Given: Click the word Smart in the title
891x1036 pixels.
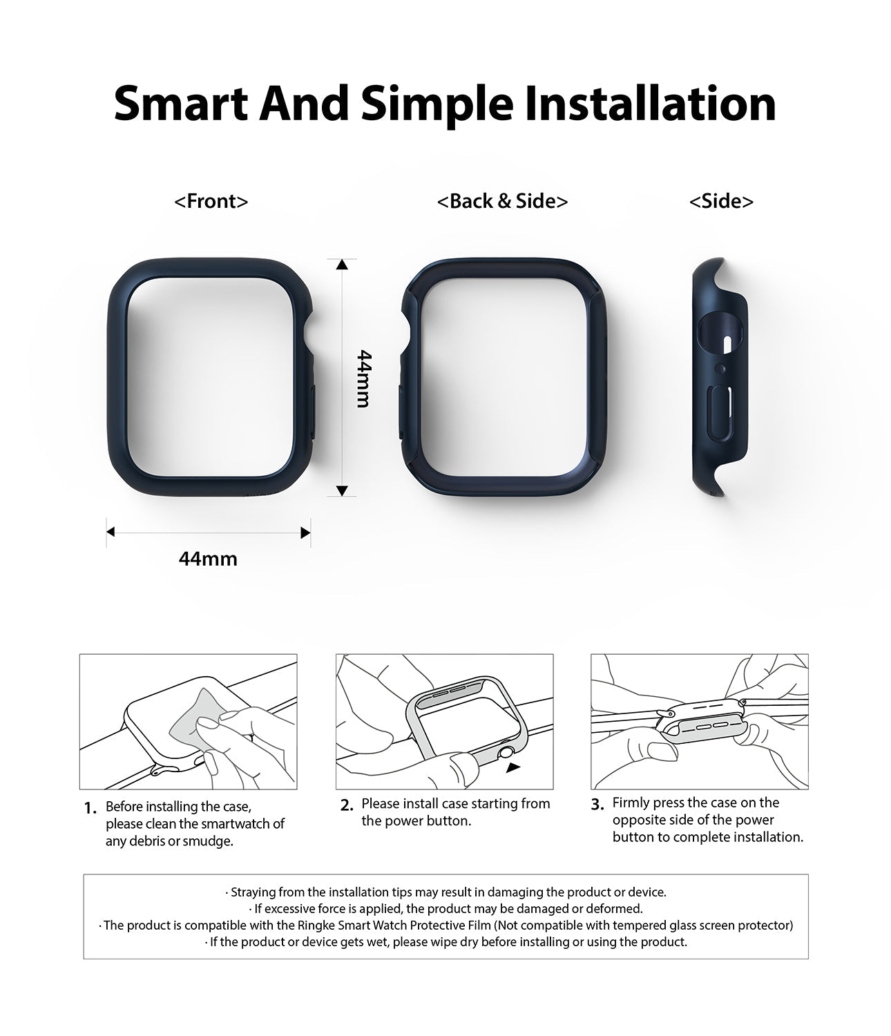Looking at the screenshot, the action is tap(181, 104).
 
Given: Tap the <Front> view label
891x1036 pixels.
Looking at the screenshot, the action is tap(211, 202).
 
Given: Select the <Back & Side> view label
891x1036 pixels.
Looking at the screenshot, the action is tap(502, 202).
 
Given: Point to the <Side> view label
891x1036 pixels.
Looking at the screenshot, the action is tap(721, 202).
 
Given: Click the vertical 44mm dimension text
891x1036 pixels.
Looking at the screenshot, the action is tap(363, 378).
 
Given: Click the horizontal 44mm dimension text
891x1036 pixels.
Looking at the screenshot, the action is tap(208, 558).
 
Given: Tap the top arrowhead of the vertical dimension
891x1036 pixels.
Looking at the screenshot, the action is tap(342, 264).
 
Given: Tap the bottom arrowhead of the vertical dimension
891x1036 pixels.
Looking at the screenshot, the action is tap(342, 490).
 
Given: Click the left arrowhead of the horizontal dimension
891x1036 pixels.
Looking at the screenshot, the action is tap(111, 532).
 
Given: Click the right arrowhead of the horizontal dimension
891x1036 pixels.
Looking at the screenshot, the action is tap(305, 533).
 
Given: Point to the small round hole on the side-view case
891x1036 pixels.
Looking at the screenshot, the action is tap(720, 368).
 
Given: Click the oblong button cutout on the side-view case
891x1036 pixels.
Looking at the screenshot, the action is tap(721, 414).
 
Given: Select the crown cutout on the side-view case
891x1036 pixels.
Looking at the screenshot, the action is tap(720, 334).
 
